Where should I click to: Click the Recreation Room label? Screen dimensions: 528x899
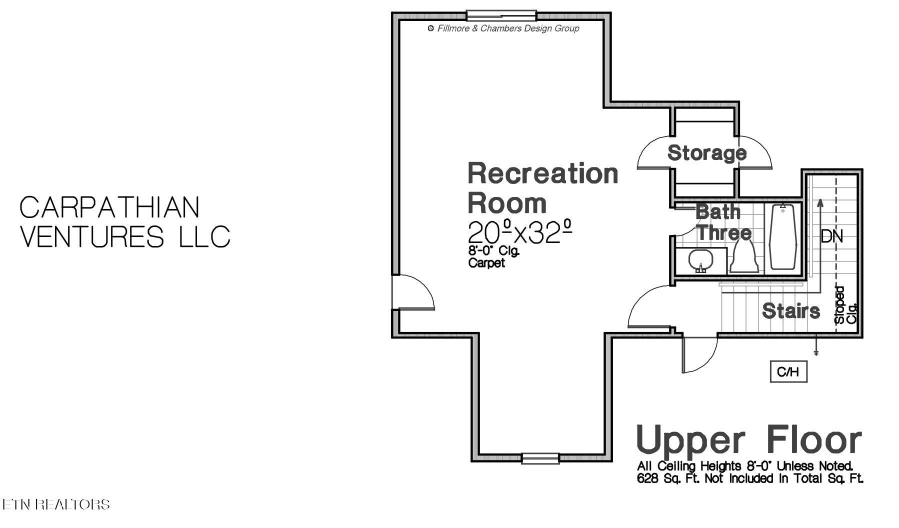click(542, 188)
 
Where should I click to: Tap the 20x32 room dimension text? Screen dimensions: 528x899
click(519, 232)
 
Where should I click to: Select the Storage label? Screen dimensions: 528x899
click(706, 153)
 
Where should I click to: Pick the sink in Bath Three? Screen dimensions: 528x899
click(700, 261)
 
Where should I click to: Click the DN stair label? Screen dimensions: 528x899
click(831, 236)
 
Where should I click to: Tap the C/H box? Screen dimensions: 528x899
click(788, 371)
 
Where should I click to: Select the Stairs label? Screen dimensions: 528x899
click(790, 311)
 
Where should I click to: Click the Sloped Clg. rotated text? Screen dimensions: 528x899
click(845, 305)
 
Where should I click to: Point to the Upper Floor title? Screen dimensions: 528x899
click(748, 440)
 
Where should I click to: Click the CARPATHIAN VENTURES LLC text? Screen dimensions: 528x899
click(124, 222)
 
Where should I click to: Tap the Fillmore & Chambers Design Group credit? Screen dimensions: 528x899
click(504, 28)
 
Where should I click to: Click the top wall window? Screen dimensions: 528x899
click(501, 15)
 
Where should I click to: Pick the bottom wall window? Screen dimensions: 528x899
click(540, 458)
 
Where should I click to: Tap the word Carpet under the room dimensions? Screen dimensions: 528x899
click(486, 263)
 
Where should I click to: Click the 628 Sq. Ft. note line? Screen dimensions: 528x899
click(750, 479)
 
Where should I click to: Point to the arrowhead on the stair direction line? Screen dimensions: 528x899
click(819, 202)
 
